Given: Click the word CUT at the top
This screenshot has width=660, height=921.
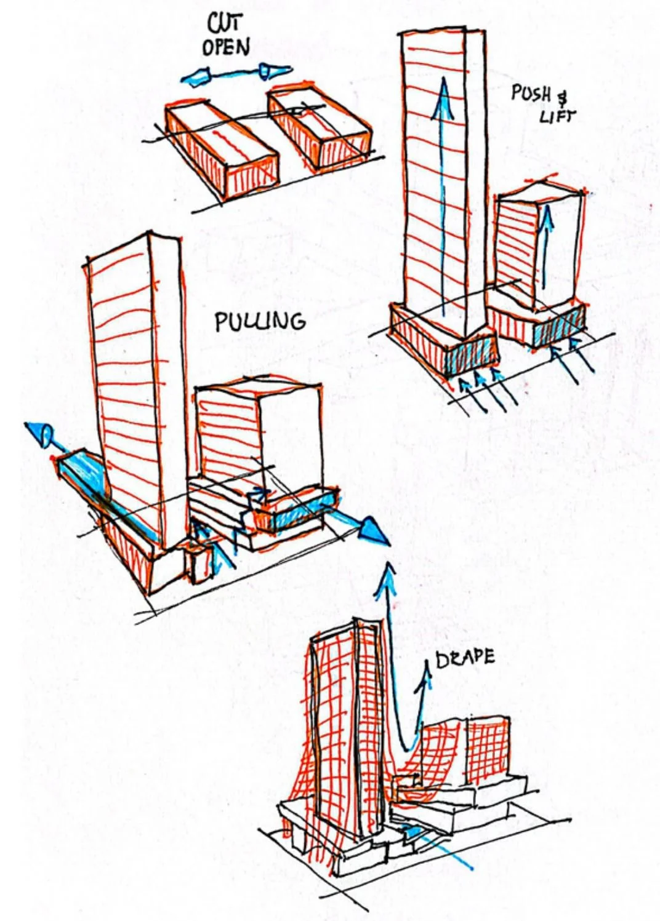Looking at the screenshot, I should tap(225, 23).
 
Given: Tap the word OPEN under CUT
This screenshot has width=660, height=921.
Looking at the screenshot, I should tap(226, 47).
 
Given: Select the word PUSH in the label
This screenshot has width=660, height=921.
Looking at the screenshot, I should tap(531, 94).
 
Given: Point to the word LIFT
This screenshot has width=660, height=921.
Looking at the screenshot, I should tap(556, 115).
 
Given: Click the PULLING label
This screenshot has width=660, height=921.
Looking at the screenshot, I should tap(260, 321).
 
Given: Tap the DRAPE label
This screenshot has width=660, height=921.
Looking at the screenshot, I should tap(465, 658).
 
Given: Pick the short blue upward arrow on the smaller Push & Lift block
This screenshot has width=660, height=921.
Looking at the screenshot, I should tap(545, 246).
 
